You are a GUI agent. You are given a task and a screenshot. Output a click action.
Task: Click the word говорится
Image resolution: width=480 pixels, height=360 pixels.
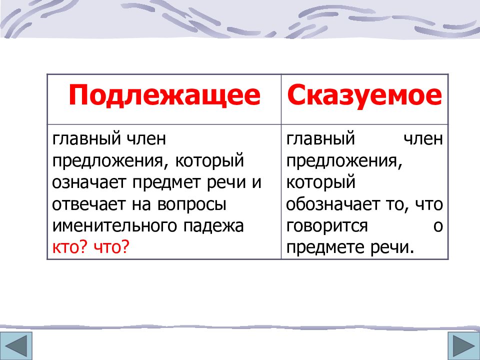[x=327, y=226]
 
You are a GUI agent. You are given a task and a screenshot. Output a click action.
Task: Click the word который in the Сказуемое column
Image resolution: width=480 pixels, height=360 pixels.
[x=320, y=182]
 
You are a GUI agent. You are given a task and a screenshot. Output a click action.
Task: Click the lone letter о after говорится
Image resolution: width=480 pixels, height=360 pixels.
[x=438, y=226]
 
